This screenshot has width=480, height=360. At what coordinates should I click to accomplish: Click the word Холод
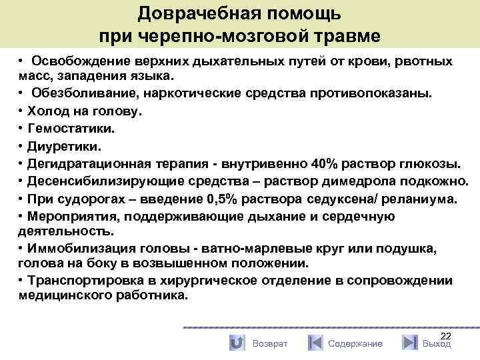[x=45, y=111]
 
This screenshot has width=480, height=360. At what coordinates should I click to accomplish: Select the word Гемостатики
[x=61, y=129]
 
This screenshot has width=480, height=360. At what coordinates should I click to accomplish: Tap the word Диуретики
[x=57, y=146]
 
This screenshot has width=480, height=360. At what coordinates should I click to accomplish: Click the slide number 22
[x=446, y=335]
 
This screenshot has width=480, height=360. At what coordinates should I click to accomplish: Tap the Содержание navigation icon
[x=315, y=343]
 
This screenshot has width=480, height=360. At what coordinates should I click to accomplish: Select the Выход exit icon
[x=409, y=343]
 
